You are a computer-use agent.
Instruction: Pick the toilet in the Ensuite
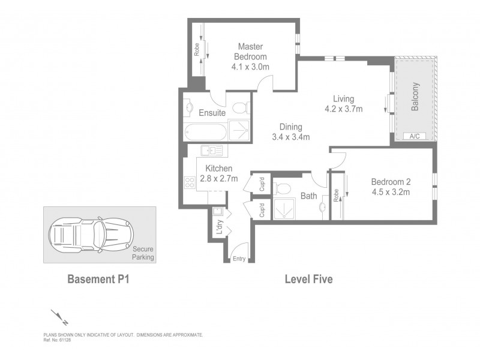pyautogui.click(x=240, y=109)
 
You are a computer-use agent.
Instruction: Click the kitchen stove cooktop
pyautogui.click(x=190, y=181)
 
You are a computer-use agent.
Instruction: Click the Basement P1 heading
pyautogui.click(x=98, y=279)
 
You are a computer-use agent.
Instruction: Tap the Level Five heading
pyautogui.click(x=308, y=279)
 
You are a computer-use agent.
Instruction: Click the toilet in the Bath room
pyautogui.click(x=282, y=188)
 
